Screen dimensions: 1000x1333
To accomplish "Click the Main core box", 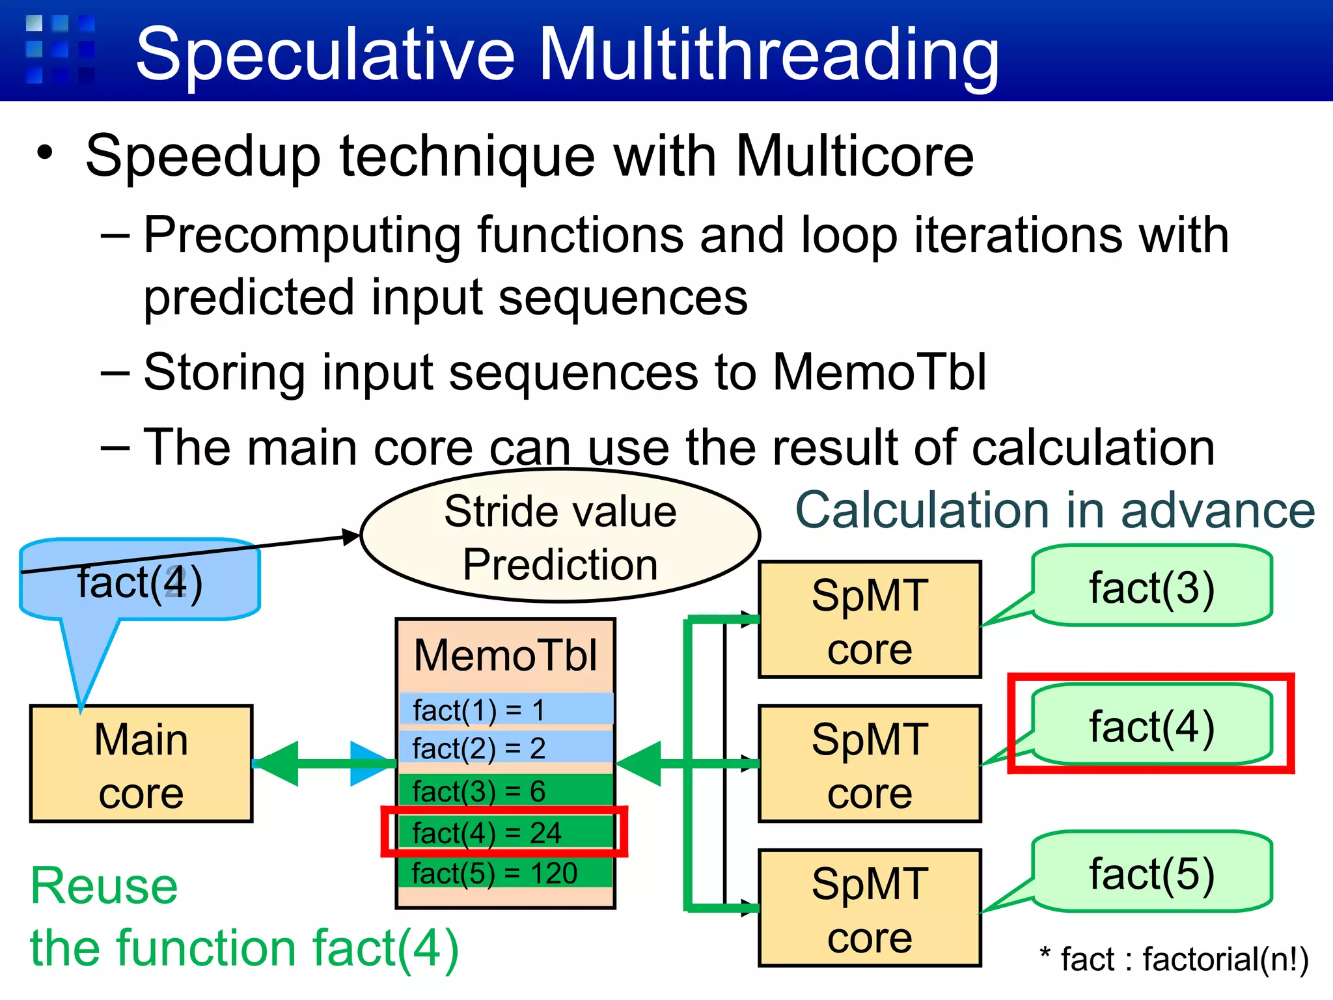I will pos(141,764).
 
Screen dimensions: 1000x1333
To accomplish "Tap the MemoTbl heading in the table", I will pos(505,655).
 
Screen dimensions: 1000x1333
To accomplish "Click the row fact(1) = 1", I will pos(505,710).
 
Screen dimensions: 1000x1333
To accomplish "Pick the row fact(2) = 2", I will pos(505,748).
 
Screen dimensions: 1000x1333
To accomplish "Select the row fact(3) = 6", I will pos(505,791).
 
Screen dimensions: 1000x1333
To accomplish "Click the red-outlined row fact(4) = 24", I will pos(505,832).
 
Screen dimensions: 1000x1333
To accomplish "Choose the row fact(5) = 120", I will pos(505,873).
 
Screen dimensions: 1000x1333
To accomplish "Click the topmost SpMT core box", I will pos(870,620).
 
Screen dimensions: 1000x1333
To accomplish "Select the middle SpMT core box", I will pos(870,764).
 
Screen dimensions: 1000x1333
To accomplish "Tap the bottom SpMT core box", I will pos(870,908).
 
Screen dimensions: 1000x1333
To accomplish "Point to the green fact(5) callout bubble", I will pos(1152,872).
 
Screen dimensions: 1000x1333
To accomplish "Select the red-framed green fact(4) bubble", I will pos(1152,725).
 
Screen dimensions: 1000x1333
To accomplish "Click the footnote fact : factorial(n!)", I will pos(1175,959).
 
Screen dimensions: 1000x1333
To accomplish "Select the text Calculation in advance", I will pos(1054,510).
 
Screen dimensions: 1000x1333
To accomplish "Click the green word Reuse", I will pos(104,886).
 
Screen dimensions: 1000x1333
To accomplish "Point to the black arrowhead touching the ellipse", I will pos(351,536).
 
